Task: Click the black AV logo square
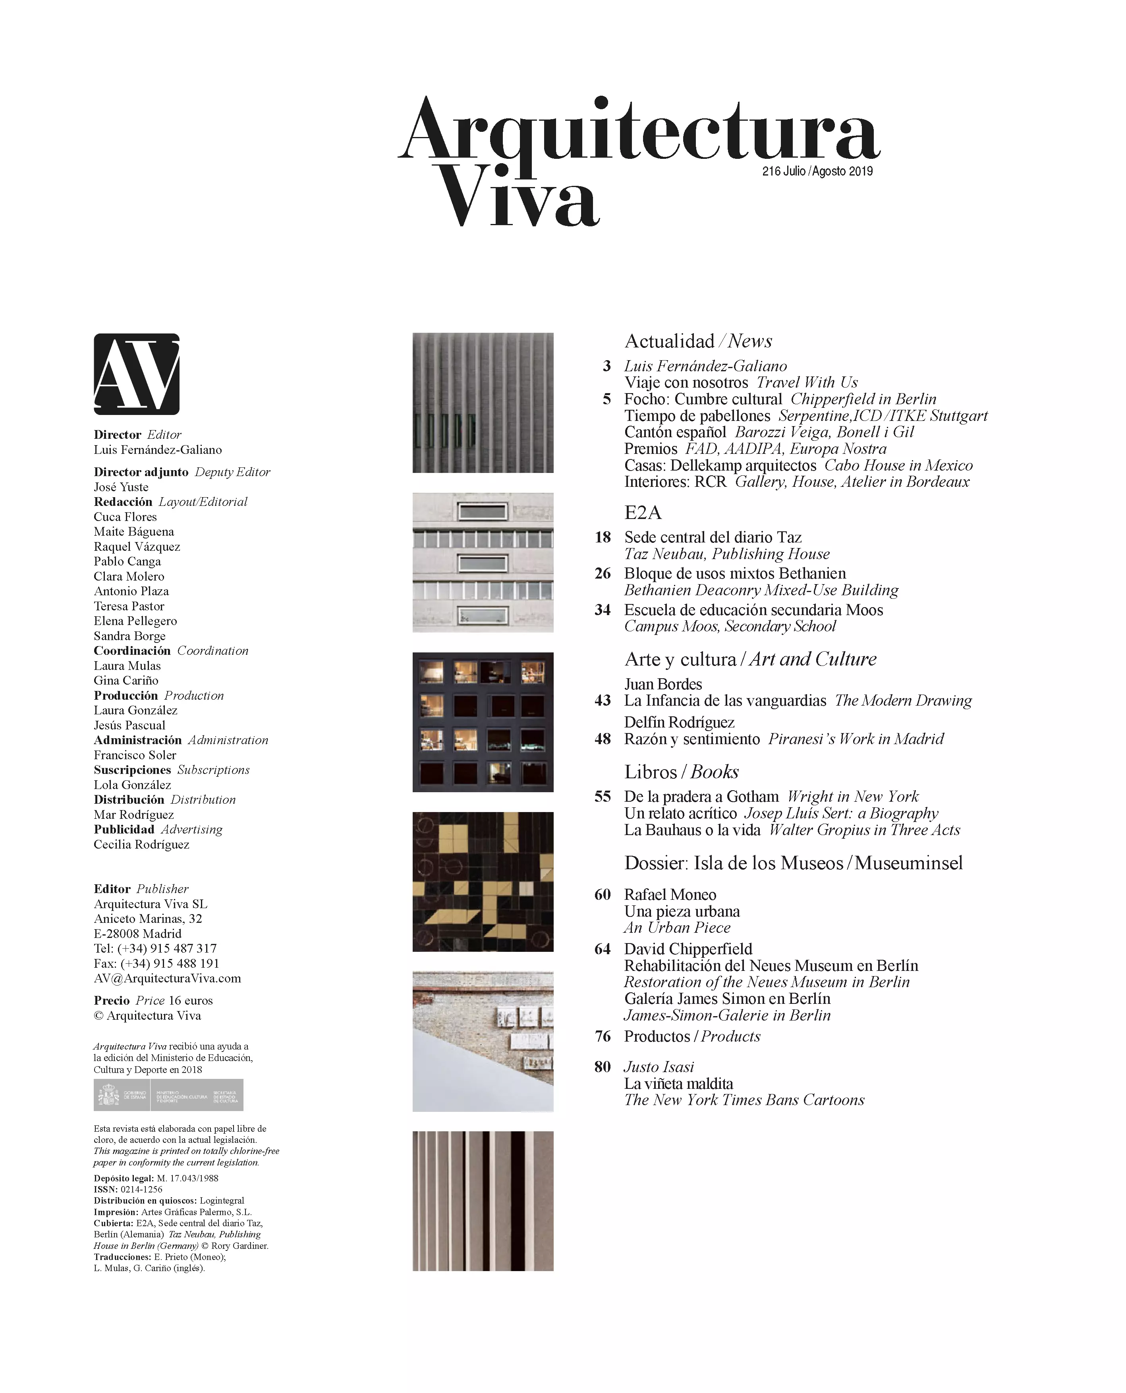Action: [136, 374]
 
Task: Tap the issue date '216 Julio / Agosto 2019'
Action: [817, 171]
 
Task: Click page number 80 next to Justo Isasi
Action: [603, 1067]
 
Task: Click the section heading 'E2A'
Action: [642, 513]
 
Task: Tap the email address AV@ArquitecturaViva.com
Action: [167, 978]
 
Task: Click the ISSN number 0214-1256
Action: [141, 1189]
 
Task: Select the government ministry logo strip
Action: [169, 1095]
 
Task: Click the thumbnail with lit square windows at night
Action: [483, 722]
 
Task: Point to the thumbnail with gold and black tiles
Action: [483, 881]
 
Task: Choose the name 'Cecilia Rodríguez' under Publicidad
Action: [141, 844]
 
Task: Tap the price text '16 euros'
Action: [190, 1001]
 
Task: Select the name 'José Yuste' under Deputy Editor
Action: [121, 487]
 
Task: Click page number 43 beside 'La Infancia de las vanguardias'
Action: [603, 700]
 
